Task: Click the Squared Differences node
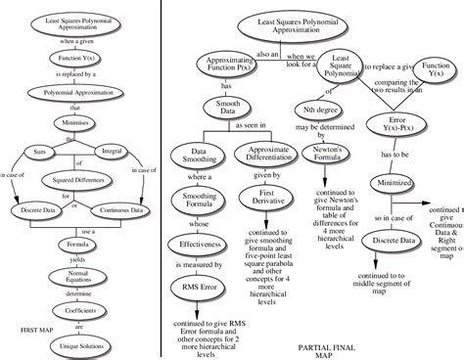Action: [x=75, y=182]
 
